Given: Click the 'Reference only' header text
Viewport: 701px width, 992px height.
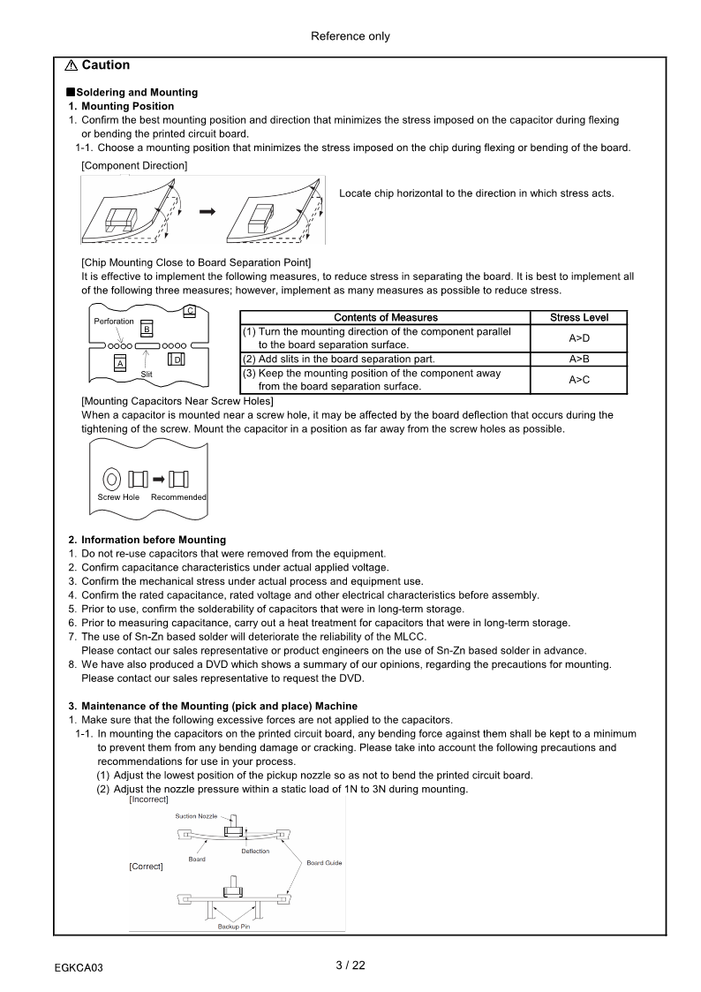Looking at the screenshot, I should [350, 36].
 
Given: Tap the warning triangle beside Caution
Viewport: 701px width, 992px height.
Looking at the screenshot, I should [71, 65].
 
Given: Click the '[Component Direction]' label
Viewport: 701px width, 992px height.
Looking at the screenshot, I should [134, 165].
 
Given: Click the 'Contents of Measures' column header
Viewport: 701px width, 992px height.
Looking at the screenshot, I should [385, 317].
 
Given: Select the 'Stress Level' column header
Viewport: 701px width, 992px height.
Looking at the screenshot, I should [578, 317].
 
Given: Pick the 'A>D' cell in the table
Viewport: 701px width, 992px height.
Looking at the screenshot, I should [578, 338].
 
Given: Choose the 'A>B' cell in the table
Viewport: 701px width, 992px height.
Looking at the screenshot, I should [578, 359].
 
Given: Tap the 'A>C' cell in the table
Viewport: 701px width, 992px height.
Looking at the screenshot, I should [578, 380].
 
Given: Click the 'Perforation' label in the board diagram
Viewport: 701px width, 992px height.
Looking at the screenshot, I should [114, 322].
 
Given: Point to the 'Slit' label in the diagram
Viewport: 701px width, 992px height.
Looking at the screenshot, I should [147, 375].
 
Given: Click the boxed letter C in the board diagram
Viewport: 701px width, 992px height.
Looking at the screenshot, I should [190, 309].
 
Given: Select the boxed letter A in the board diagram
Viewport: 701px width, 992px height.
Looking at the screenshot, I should [120, 363].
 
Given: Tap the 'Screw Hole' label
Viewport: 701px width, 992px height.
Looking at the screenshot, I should [118, 497].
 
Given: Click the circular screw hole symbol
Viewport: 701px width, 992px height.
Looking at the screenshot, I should [112, 480].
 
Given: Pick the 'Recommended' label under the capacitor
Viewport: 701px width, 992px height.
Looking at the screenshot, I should [178, 497].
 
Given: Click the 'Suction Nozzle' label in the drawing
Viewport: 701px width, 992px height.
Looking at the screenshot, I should [195, 816].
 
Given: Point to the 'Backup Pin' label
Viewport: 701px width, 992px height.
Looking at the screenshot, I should [234, 927].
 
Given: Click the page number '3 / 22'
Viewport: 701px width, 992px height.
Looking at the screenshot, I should [350, 965].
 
